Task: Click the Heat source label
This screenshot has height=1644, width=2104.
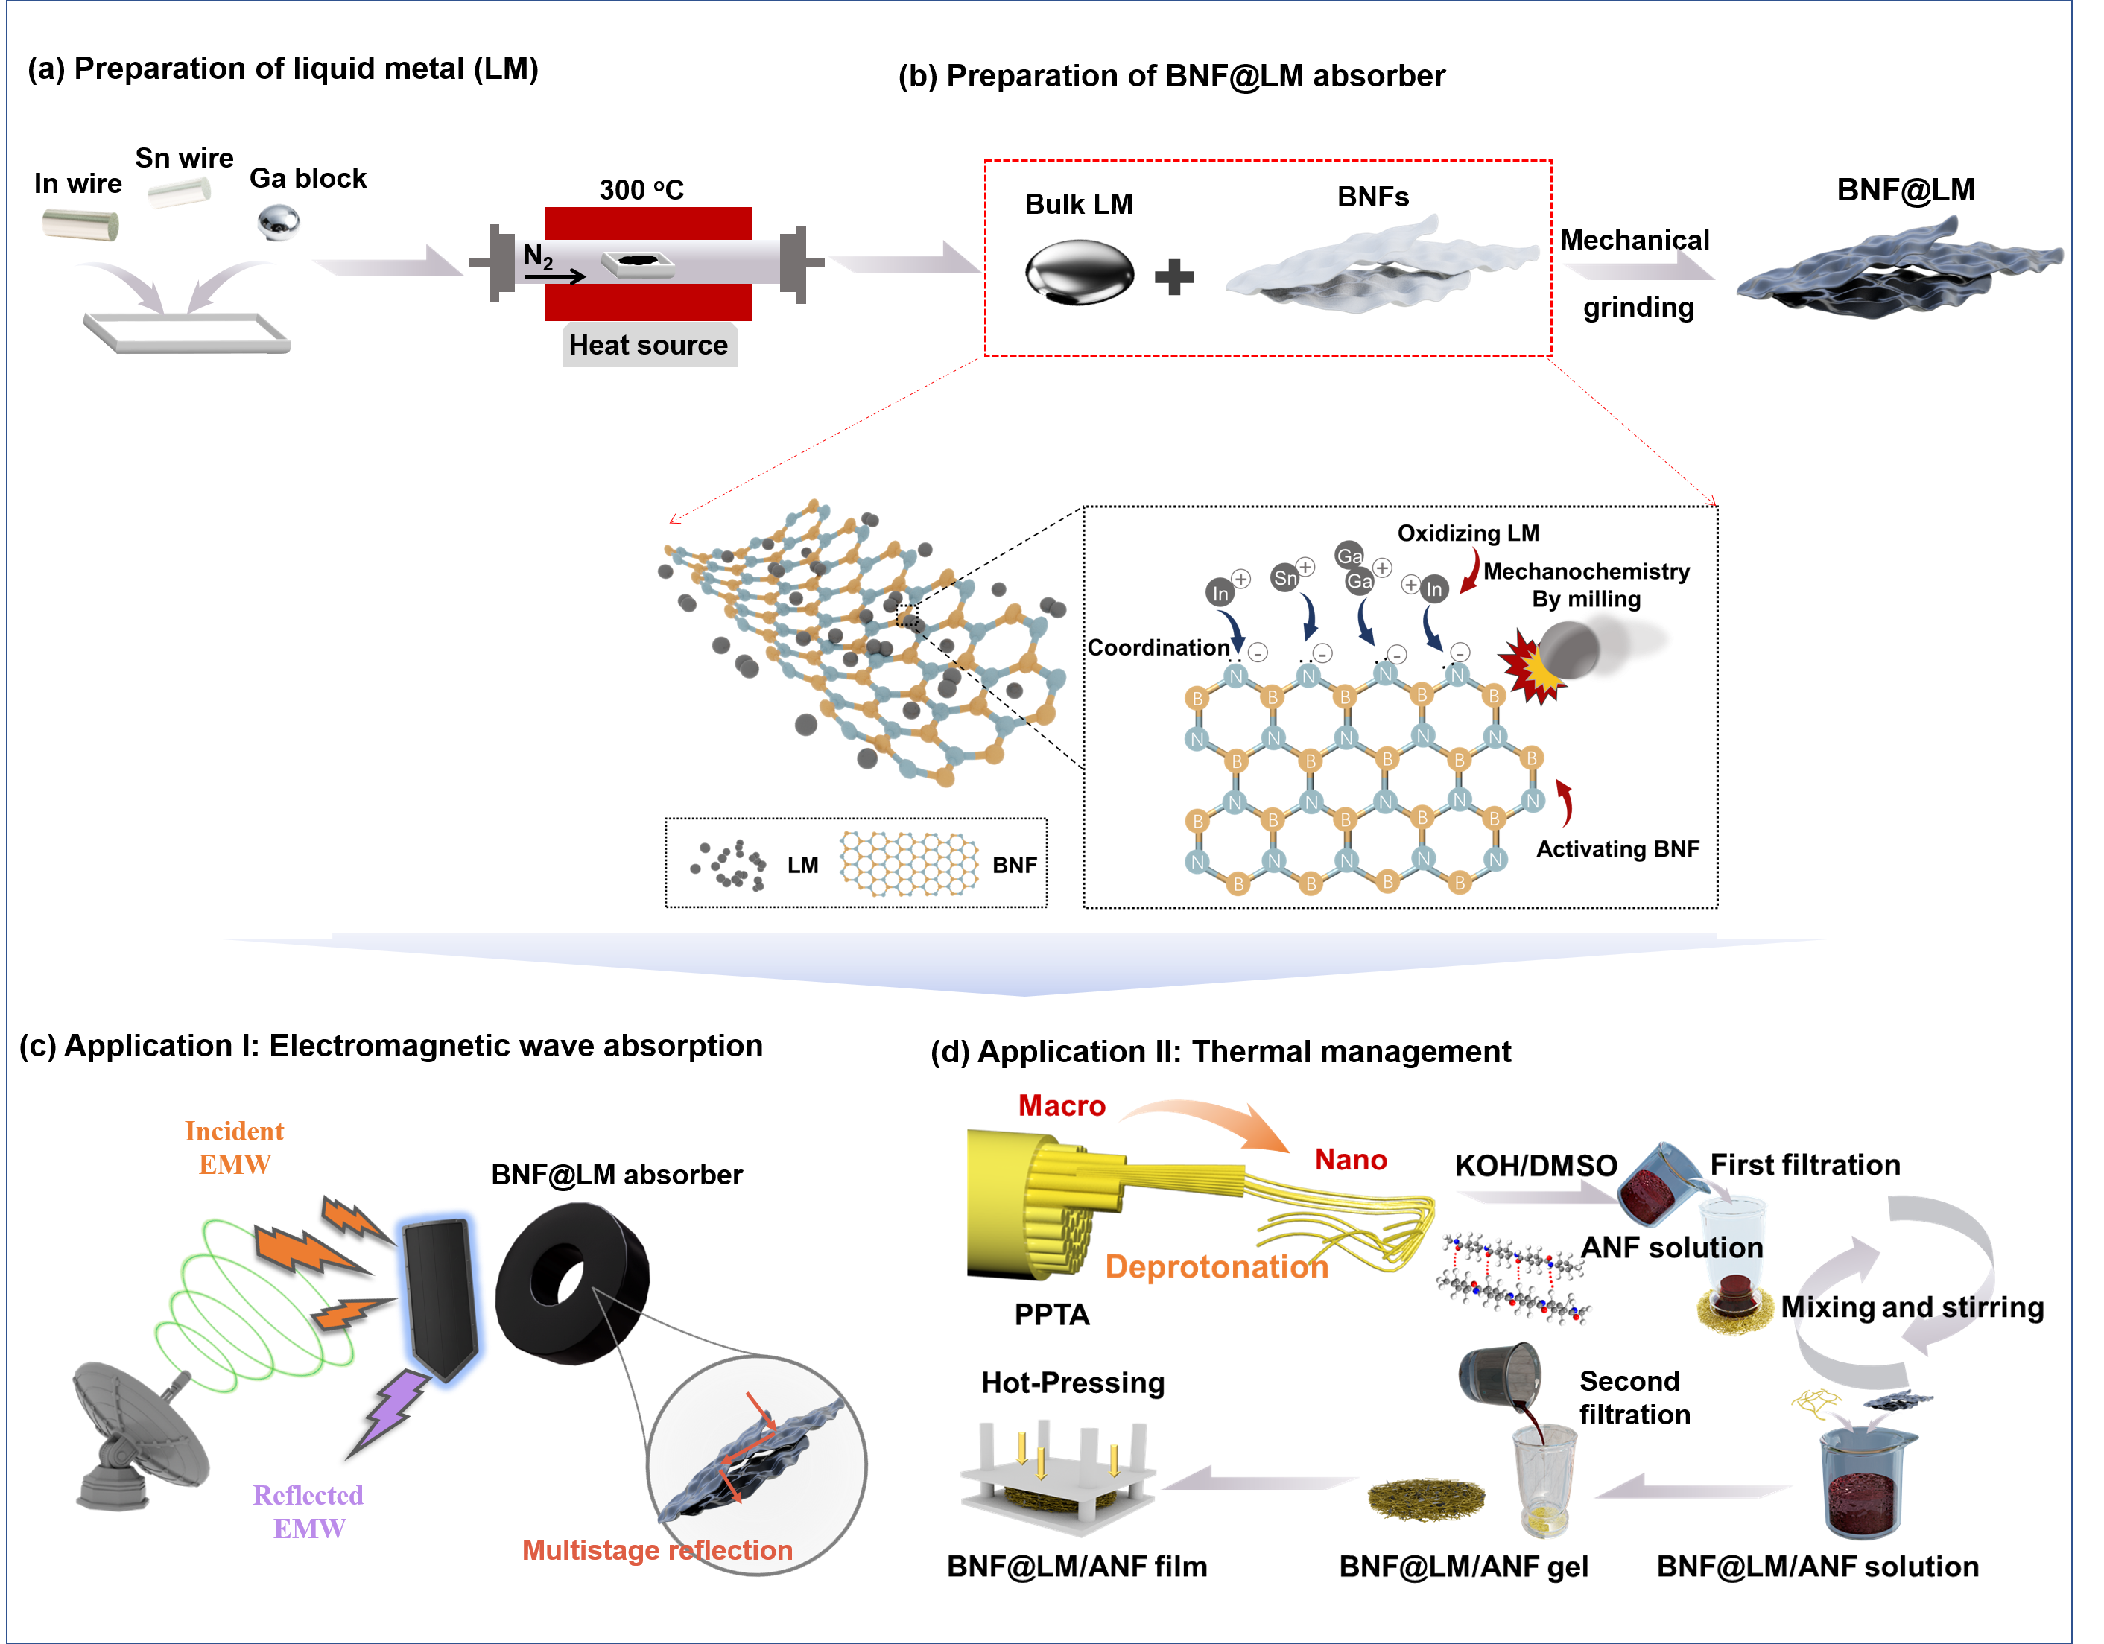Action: (x=648, y=345)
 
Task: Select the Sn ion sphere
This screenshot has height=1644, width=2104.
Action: (x=1284, y=578)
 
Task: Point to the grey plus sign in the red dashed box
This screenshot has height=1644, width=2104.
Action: (x=1173, y=277)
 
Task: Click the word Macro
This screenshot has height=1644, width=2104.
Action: (x=1062, y=1105)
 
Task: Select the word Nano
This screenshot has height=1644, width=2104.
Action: (x=1351, y=1160)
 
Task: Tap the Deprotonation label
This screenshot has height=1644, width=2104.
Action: (x=1217, y=1266)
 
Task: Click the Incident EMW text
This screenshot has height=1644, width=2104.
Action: (x=234, y=1147)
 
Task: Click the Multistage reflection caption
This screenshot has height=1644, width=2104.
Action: (x=657, y=1549)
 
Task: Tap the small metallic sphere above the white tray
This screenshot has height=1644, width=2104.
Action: (x=279, y=223)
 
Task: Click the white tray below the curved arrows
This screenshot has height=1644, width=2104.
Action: (x=187, y=330)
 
